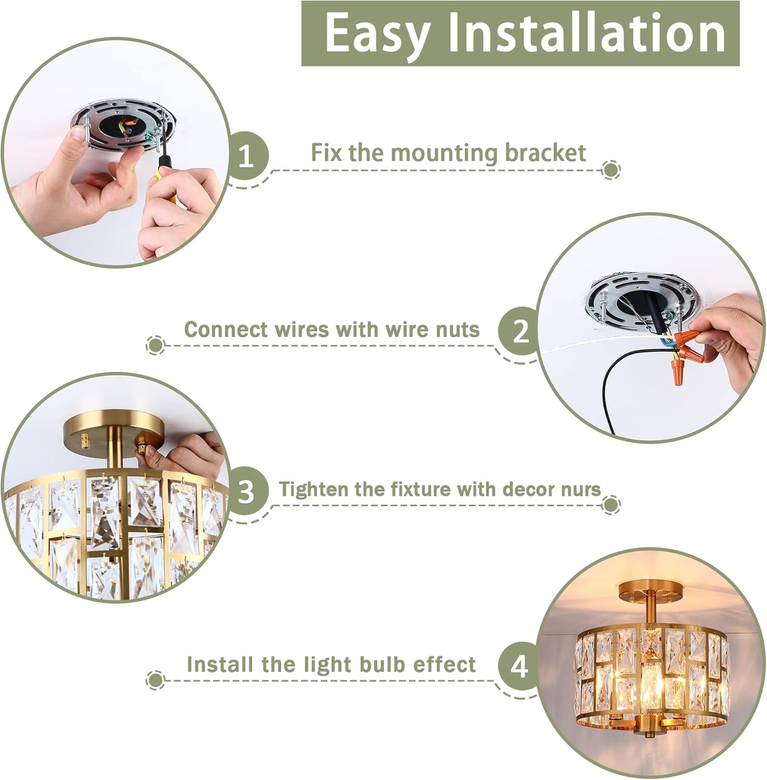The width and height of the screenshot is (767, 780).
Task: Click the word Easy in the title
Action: point(377,33)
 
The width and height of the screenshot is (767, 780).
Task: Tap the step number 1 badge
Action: point(246,157)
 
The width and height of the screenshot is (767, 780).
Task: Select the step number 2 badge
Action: point(520,332)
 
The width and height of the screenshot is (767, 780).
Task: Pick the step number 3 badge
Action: point(246,491)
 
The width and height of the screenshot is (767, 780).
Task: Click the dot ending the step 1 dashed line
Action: point(611,170)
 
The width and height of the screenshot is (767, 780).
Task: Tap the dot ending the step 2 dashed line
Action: point(155,345)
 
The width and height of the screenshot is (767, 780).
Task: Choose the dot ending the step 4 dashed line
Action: point(155,679)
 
